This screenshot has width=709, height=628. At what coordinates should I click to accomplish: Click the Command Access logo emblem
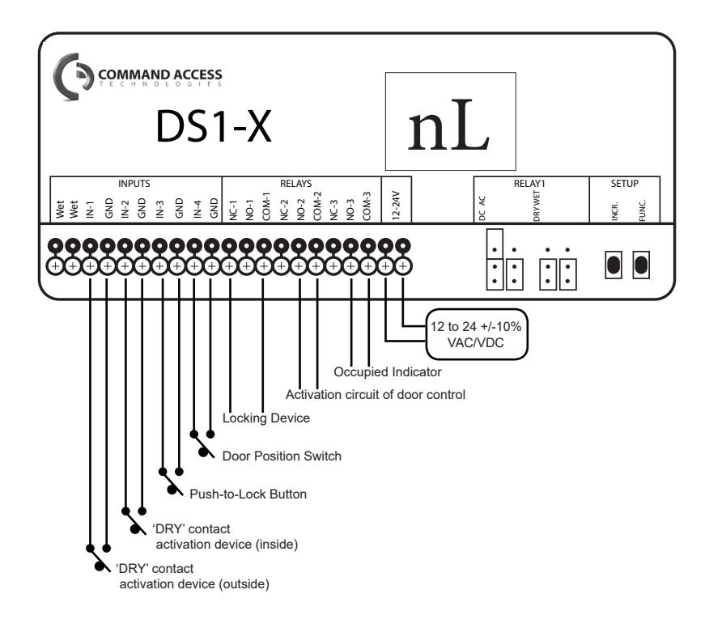pos(72,76)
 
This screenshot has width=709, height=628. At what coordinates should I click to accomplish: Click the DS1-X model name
pos(214,126)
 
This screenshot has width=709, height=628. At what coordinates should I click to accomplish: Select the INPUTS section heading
pos(134,184)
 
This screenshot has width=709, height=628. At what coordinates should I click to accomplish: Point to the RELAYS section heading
pos(295,184)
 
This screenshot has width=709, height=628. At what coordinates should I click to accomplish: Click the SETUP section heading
pos(625,184)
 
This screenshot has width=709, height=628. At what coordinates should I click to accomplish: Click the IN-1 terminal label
pos(90,210)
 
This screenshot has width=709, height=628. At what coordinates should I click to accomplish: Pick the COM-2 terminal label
pos(317,206)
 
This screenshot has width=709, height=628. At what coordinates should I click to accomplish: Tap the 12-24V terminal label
pos(396,206)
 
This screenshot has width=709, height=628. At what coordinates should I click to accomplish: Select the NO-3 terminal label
pos(350,210)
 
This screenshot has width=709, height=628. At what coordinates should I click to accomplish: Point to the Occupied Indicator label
pos(388,372)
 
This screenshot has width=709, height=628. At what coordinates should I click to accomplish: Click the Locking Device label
pos(265,418)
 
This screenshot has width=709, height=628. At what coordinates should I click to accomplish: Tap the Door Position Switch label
pos(282,456)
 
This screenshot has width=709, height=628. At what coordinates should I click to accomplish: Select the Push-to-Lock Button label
pos(248,494)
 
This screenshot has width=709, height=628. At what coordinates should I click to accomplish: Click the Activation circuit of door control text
pos(376,395)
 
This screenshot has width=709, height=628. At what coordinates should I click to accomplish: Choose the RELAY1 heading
pos(529,184)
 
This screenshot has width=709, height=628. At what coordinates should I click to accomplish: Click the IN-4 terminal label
pos(197,210)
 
